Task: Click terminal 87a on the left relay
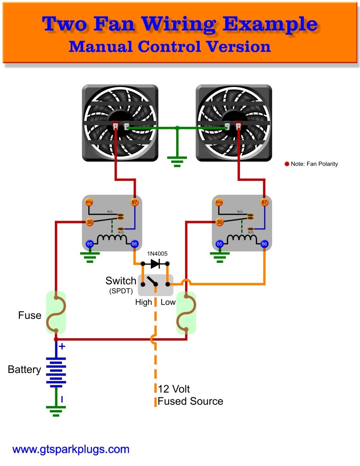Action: (90, 202)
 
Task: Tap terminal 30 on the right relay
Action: (220, 222)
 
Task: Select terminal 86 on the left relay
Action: (135, 244)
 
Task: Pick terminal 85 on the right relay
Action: (220, 244)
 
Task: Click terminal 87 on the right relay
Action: (265, 202)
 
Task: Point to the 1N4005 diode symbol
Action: (155, 263)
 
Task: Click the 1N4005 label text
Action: (157, 254)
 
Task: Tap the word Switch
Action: (120, 281)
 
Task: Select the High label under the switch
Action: (144, 302)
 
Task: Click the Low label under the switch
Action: (168, 302)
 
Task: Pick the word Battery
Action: (24, 370)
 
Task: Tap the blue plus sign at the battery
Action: (62, 346)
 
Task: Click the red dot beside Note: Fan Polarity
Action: (287, 164)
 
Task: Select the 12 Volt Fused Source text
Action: (190, 395)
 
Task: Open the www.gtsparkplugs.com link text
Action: (71, 450)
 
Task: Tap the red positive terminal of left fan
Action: (115, 126)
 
